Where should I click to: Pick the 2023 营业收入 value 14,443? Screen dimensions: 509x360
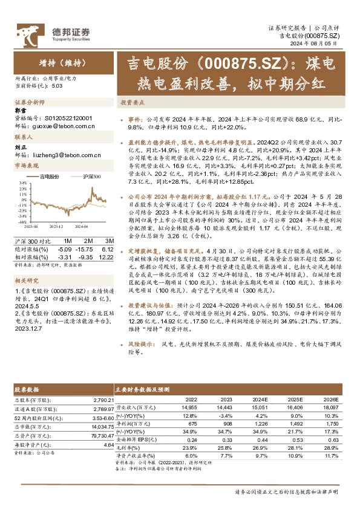pos(225,408)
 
